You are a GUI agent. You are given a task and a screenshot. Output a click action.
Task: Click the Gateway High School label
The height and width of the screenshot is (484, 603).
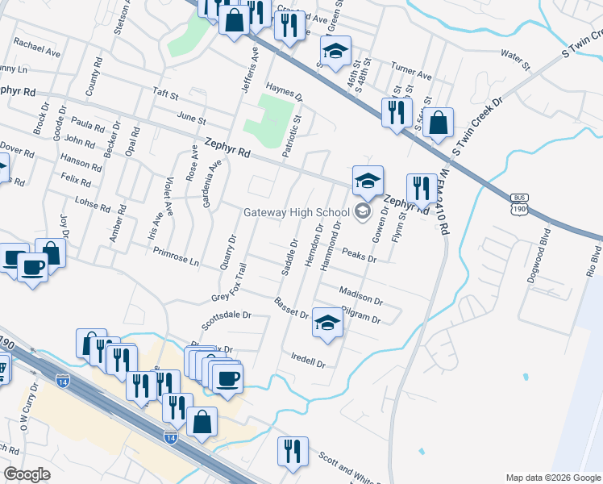click(297, 212)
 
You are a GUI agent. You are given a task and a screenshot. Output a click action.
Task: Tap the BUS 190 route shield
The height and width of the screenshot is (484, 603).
click(520, 204)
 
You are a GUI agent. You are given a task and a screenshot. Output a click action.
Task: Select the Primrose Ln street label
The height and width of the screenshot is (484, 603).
click(176, 256)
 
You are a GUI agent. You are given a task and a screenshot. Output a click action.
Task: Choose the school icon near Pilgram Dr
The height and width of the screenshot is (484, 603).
click(326, 323)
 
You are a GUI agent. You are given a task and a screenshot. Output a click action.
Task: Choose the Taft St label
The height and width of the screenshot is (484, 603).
click(165, 94)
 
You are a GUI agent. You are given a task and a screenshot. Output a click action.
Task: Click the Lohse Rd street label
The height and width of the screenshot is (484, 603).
click(90, 202)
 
